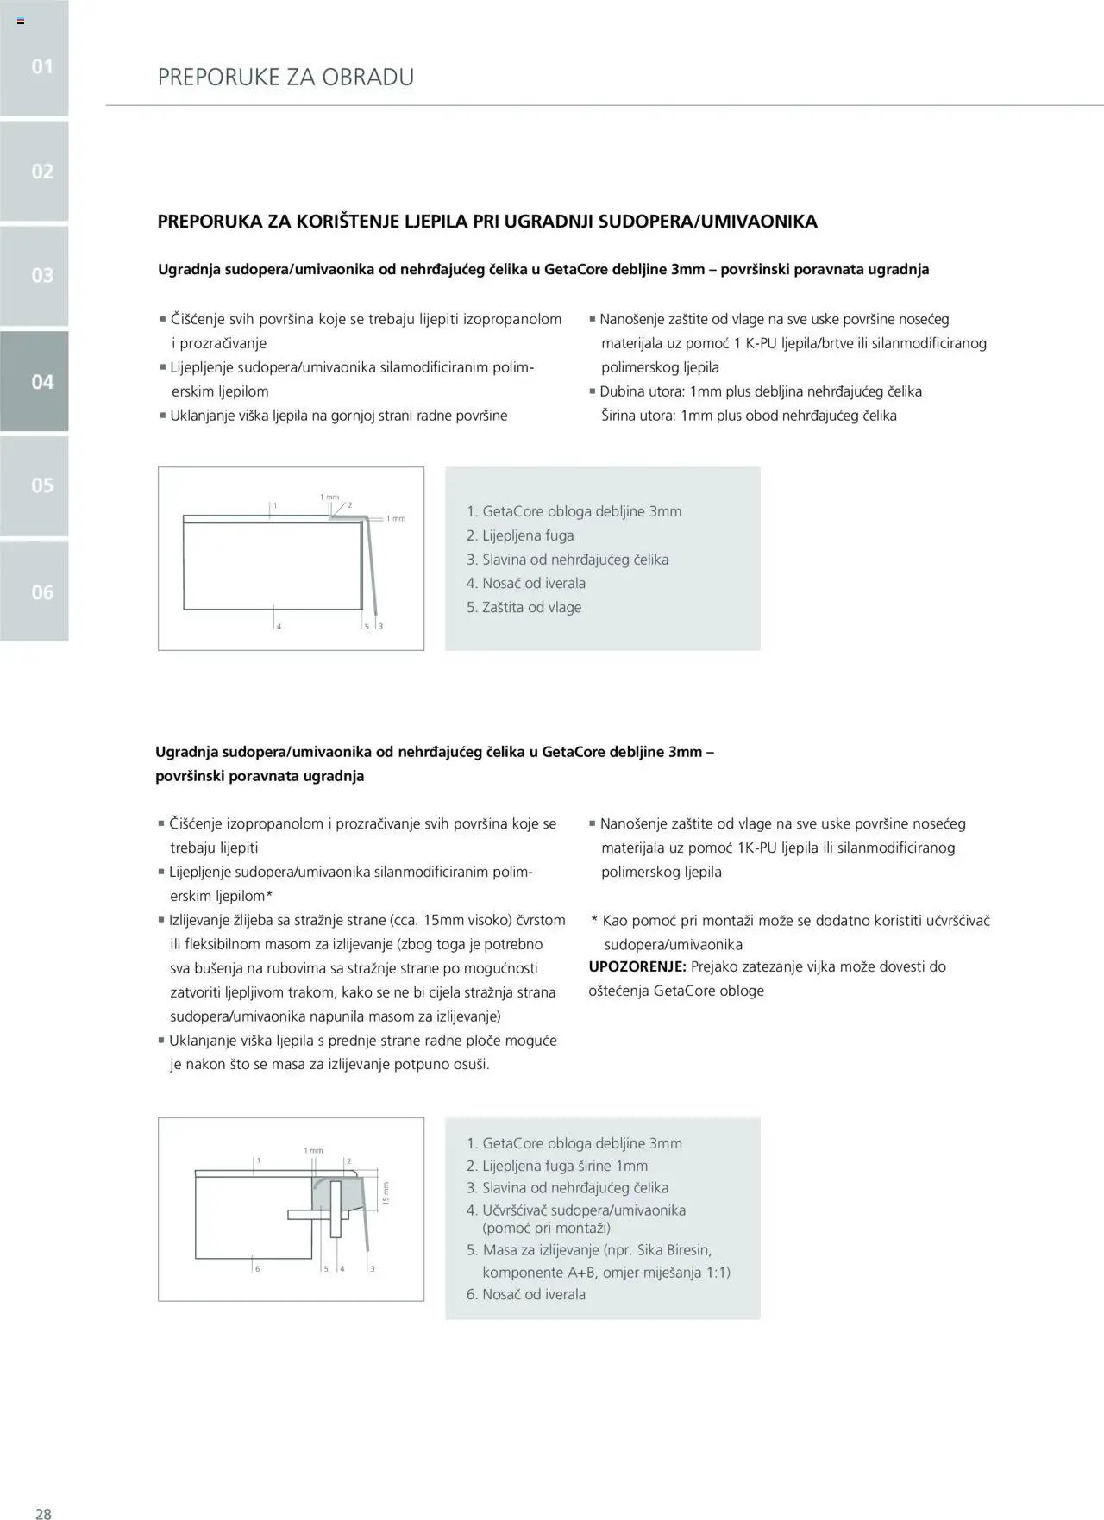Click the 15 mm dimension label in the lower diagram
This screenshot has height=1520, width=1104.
[x=386, y=1193]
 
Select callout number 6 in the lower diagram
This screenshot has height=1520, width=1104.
[x=257, y=1268]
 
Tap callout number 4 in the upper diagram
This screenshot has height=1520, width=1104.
[x=279, y=626]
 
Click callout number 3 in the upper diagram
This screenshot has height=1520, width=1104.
[x=380, y=626]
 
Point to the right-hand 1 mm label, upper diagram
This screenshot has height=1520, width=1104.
[x=395, y=518]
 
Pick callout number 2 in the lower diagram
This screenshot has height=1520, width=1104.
[x=348, y=1161]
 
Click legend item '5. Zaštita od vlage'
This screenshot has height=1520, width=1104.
[x=524, y=607]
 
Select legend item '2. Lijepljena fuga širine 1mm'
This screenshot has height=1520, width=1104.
[x=556, y=1166]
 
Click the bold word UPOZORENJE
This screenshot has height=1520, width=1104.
[x=637, y=966]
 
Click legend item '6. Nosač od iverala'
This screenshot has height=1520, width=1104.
[x=525, y=1294]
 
